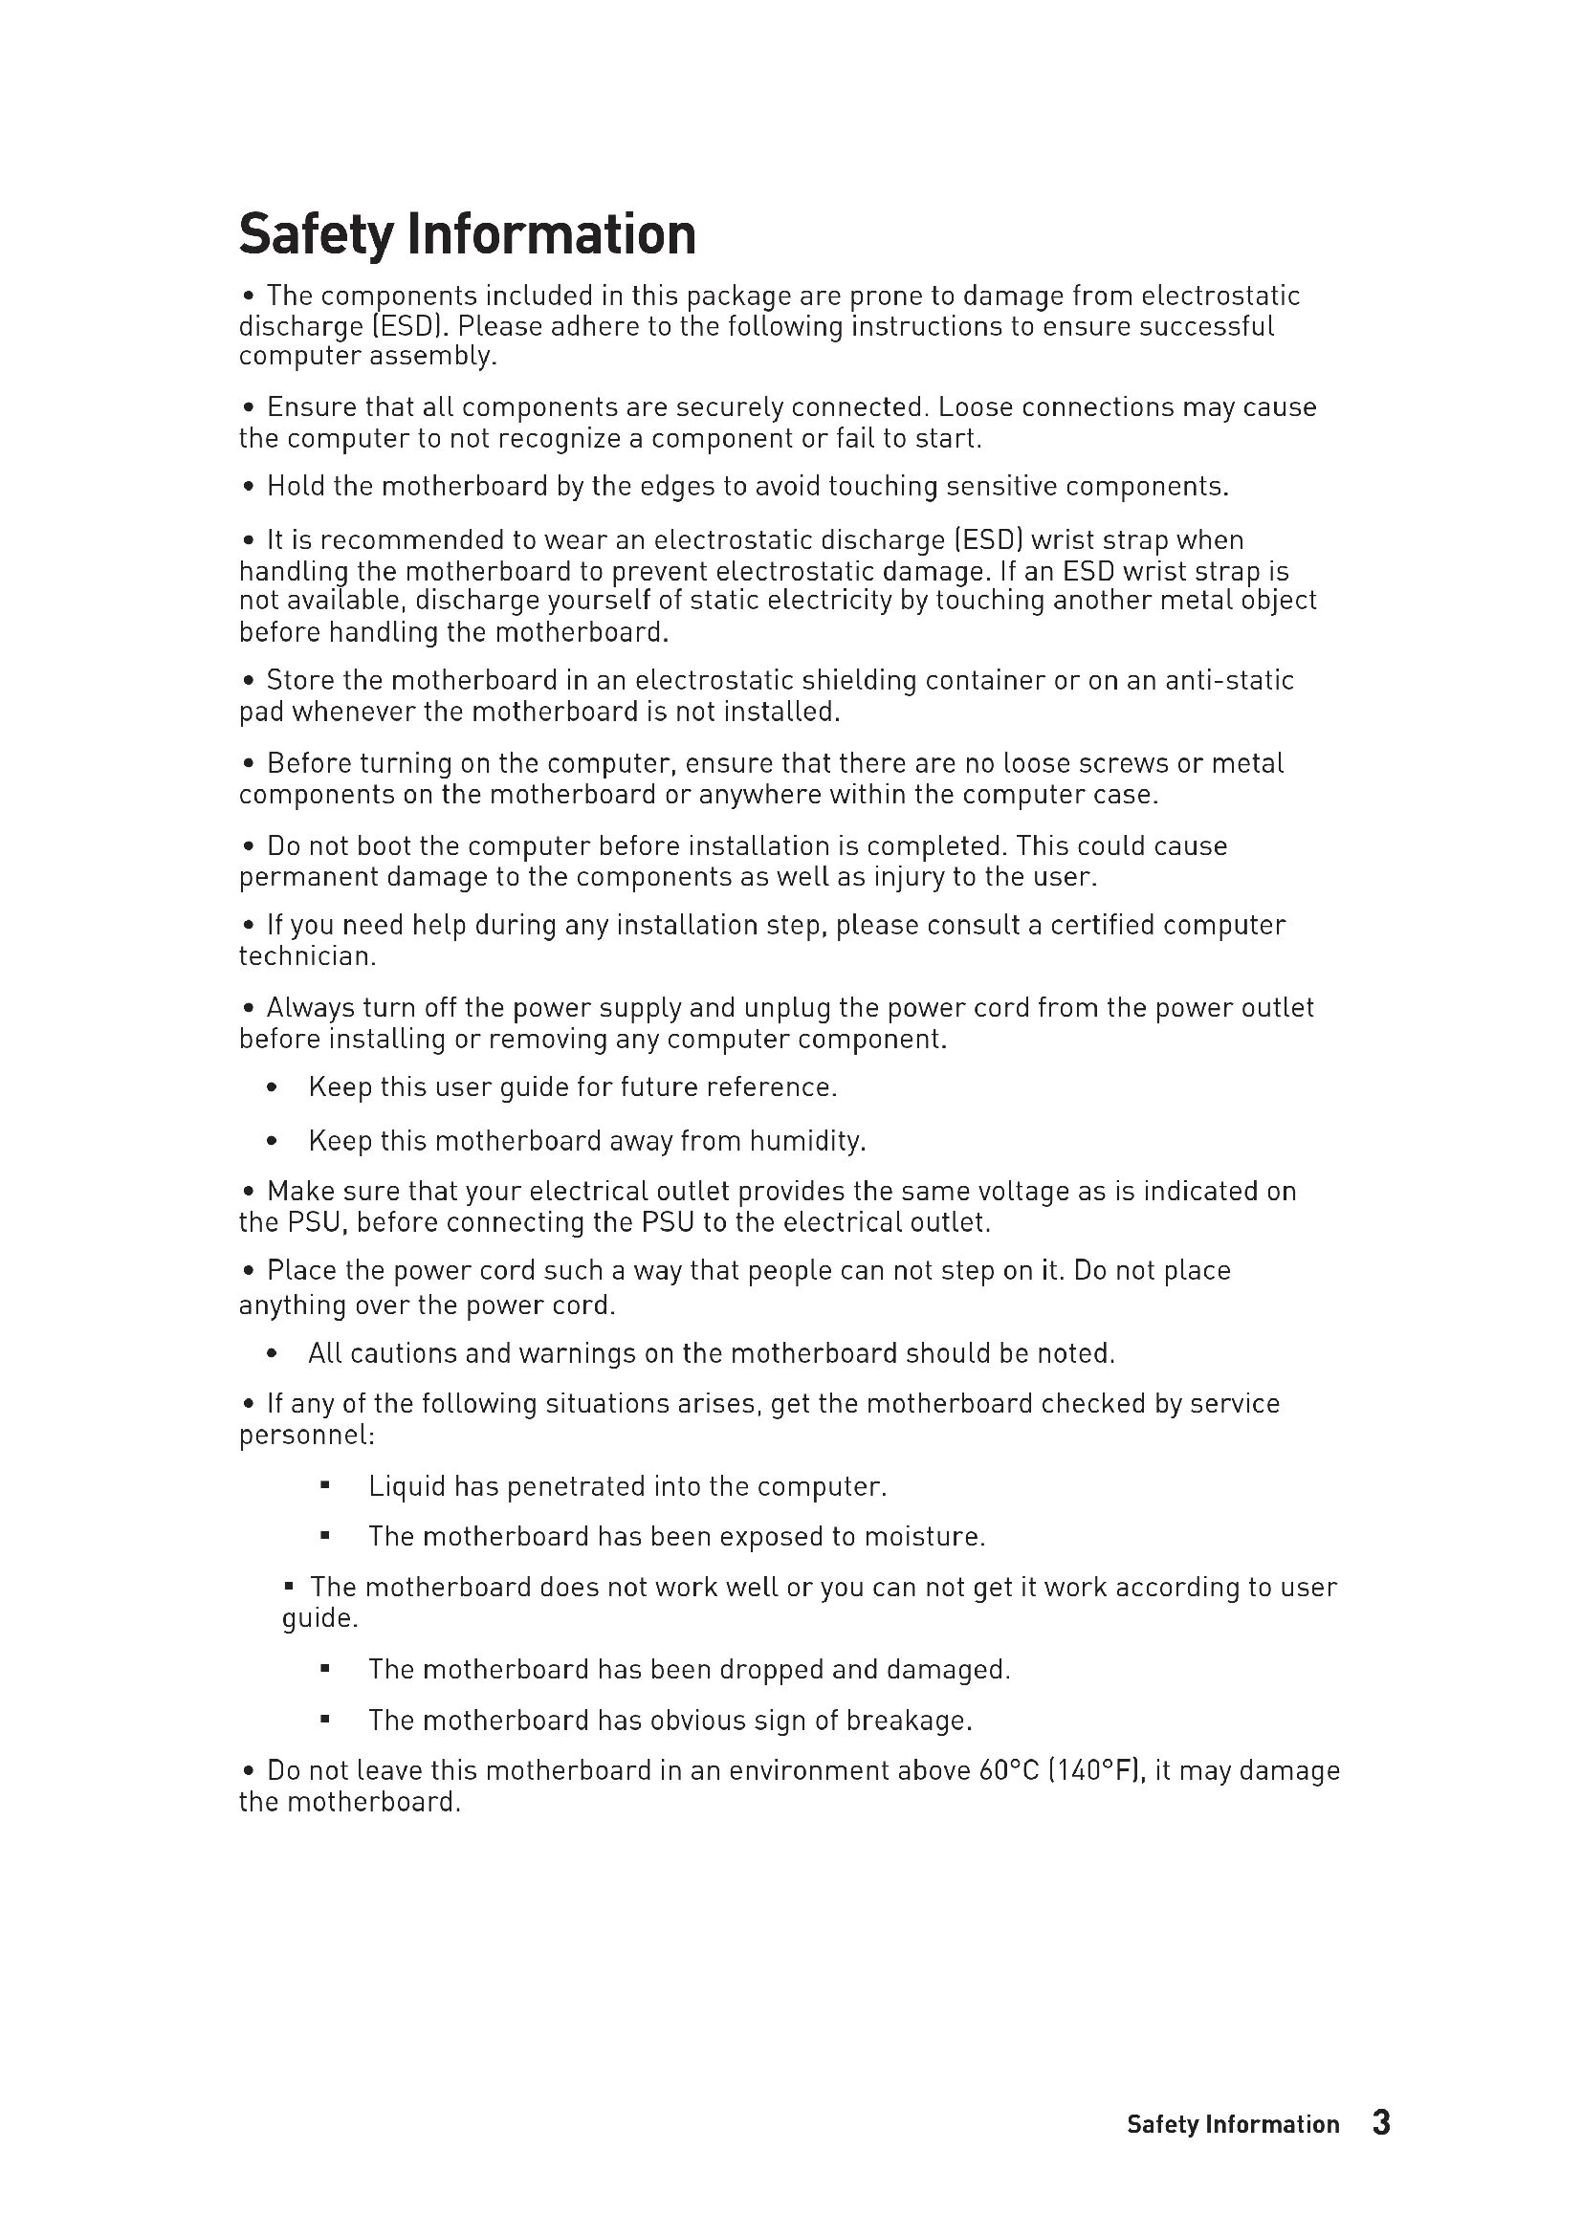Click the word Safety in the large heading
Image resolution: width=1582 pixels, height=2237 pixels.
(x=317, y=235)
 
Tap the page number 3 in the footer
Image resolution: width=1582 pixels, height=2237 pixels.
(x=1381, y=2123)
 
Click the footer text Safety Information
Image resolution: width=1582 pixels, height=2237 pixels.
(x=1232, y=2125)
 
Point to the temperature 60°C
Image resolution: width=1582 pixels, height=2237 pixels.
(x=1009, y=1770)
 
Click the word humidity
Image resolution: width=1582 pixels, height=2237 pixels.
(x=806, y=1141)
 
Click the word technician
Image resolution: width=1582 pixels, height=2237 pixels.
(x=306, y=956)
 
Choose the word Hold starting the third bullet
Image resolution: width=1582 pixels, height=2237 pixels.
(x=297, y=486)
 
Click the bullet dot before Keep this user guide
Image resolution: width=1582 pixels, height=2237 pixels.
(x=272, y=1087)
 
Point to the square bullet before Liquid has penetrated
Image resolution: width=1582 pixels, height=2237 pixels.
(x=325, y=1486)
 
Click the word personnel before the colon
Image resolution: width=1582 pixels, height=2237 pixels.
(x=304, y=1437)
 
